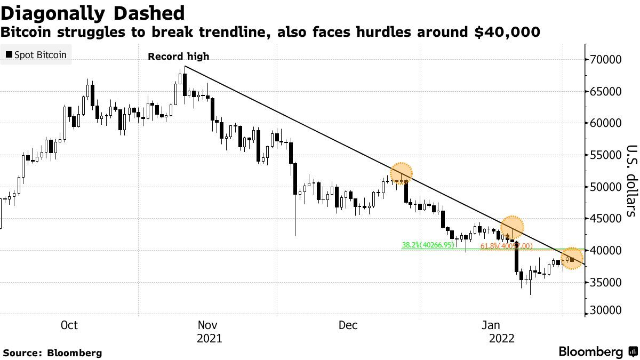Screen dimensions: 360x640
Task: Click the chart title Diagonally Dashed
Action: click(x=93, y=13)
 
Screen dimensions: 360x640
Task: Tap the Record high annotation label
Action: click(x=178, y=57)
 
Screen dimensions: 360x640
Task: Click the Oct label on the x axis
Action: click(x=70, y=325)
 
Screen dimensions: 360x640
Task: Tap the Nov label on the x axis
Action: click(x=207, y=325)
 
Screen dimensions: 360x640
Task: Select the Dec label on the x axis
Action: click(x=348, y=325)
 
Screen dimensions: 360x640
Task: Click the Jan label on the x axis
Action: click(x=491, y=325)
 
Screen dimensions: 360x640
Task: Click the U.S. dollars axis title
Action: click(x=631, y=181)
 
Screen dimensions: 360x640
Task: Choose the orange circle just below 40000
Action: click(x=572, y=259)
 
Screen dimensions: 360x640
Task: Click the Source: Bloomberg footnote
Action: click(x=52, y=353)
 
